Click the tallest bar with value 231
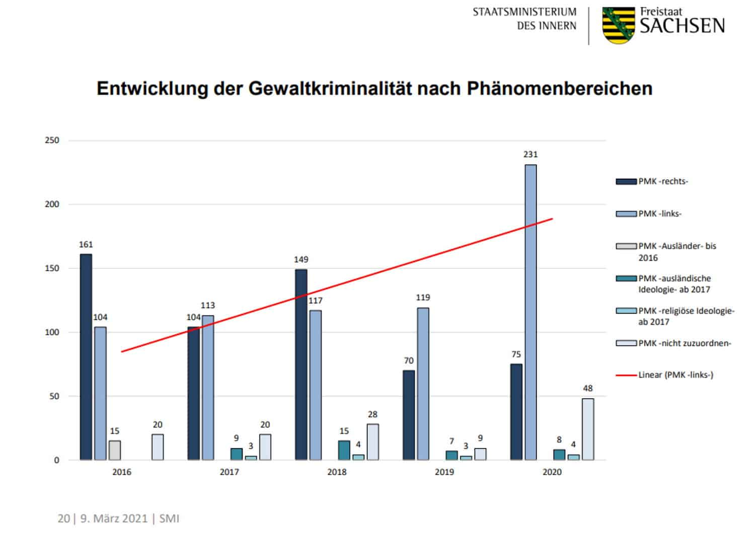(531, 312)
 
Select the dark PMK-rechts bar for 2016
(86, 357)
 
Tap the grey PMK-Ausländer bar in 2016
(115, 450)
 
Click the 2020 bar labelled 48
(587, 429)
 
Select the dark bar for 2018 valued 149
(301, 364)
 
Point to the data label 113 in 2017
(207, 305)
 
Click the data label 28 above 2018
(372, 415)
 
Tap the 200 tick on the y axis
(52, 204)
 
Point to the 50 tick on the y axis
(54, 396)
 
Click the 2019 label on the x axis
(444, 472)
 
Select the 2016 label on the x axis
(121, 472)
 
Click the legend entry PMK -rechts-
(663, 182)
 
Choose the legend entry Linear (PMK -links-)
(675, 375)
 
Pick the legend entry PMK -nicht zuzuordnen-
(685, 343)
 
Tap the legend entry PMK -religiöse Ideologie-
(686, 311)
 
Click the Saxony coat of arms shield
(618, 25)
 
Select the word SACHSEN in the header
(682, 26)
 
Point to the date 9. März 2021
(114, 518)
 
